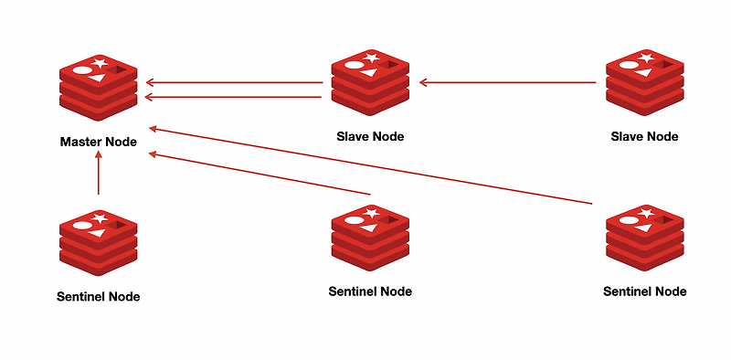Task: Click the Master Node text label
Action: click(99, 142)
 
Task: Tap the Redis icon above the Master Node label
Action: click(99, 88)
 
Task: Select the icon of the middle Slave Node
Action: click(370, 82)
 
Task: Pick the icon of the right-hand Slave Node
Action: click(645, 82)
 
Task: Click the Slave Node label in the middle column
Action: click(370, 137)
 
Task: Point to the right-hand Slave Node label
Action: click(644, 137)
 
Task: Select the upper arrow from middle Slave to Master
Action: click(235, 83)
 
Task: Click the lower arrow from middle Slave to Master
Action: click(234, 97)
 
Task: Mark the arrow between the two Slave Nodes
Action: click(508, 82)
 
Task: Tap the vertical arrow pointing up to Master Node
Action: click(99, 173)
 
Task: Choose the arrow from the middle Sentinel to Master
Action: click(260, 174)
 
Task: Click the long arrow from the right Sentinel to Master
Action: click(371, 165)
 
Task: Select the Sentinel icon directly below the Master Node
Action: click(99, 242)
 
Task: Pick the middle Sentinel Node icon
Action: click(370, 238)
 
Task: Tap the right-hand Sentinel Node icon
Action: click(645, 238)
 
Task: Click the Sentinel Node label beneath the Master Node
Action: click(99, 297)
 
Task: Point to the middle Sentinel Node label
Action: click(370, 291)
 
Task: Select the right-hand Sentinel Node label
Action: click(645, 291)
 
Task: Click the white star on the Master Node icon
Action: click(99, 63)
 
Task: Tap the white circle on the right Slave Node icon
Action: click(629, 65)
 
